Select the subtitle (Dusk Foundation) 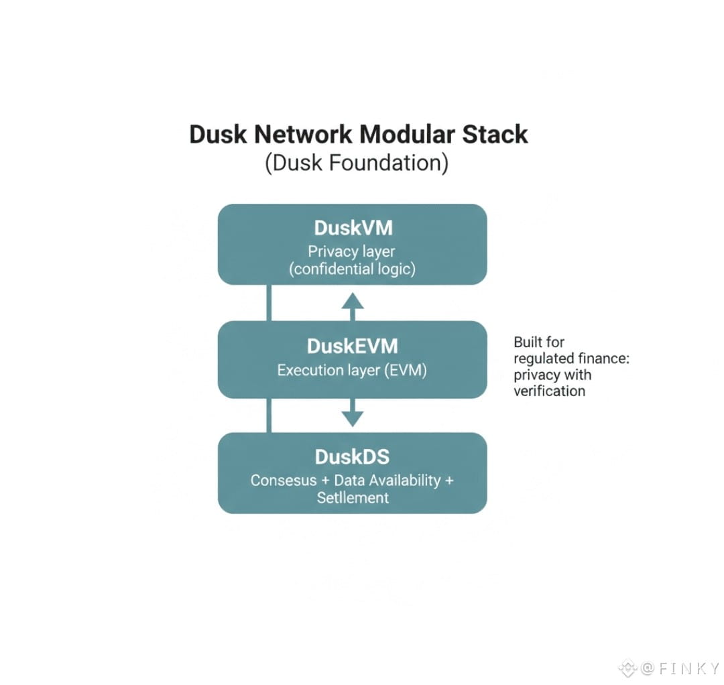pos(357,163)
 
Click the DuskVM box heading pos(353,228)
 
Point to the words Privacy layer pos(351,251)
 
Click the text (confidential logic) pos(353,269)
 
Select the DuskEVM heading pos(353,347)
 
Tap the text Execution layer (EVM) pos(352,370)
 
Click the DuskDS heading pos(353,457)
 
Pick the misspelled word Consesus pos(284,481)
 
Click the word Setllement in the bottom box pos(353,497)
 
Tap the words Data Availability pos(387,481)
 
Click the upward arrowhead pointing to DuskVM pos(353,301)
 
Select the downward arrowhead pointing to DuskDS pos(353,418)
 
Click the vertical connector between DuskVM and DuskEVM pos(269,303)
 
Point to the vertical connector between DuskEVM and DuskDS pos(269,416)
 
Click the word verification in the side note pos(550,391)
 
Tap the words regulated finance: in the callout pos(572,359)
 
